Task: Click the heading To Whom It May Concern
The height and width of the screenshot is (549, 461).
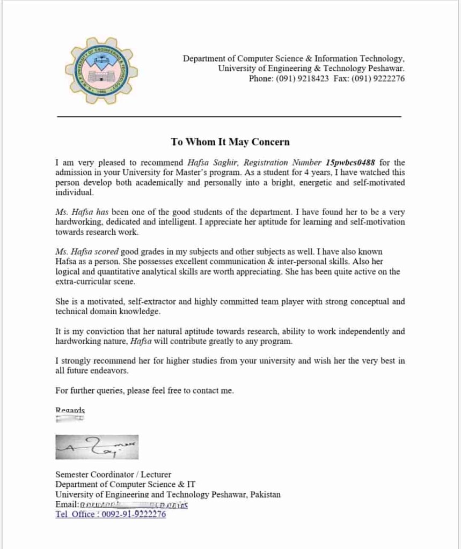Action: coord(230,142)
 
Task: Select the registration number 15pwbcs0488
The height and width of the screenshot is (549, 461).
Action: coord(350,162)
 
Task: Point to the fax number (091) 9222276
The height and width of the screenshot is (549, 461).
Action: coord(378,79)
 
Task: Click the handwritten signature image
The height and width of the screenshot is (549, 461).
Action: coord(97,447)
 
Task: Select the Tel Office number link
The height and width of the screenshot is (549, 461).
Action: coord(111,514)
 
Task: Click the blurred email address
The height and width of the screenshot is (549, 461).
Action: coord(134,505)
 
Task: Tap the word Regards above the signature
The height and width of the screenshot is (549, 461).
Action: coord(70,410)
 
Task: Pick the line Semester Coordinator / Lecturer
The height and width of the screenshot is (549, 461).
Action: coord(113,474)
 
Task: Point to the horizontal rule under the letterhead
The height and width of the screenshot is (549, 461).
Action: coord(229,116)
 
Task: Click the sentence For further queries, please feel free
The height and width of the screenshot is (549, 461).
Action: coord(144,391)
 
